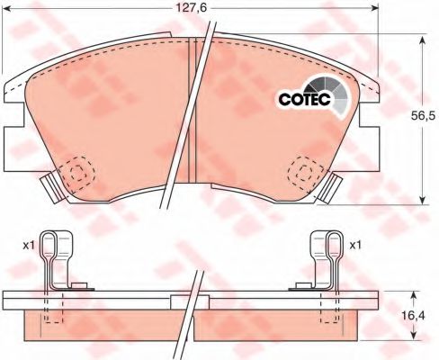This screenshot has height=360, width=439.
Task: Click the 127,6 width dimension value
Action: [x=191, y=8]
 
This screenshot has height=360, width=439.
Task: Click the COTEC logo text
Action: [x=304, y=99]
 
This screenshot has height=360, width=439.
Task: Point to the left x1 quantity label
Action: [x=29, y=246]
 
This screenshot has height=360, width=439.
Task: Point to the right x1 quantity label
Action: [x=355, y=246]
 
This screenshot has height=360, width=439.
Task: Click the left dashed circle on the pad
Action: [x=76, y=173]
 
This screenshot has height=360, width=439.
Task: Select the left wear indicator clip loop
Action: [x=48, y=246]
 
